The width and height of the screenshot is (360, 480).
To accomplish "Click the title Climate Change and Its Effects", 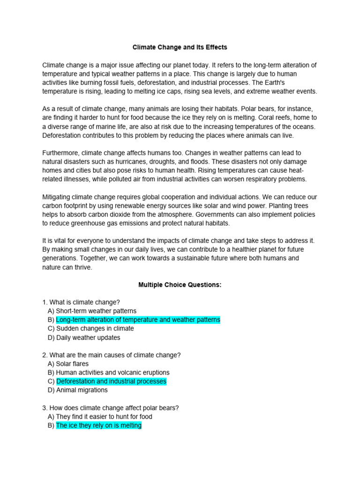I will pos(180,47).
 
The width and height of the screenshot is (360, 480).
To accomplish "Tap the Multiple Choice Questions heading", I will pos(180,285).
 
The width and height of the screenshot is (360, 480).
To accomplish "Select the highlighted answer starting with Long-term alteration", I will pos(138,320).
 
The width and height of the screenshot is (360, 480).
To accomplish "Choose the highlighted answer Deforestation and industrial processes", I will pos(111,381).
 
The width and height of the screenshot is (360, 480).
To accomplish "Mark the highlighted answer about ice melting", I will pos(98,425).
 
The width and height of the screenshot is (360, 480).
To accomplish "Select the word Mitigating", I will pos(59,197).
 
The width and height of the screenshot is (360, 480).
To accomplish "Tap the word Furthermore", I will pos(61,153).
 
